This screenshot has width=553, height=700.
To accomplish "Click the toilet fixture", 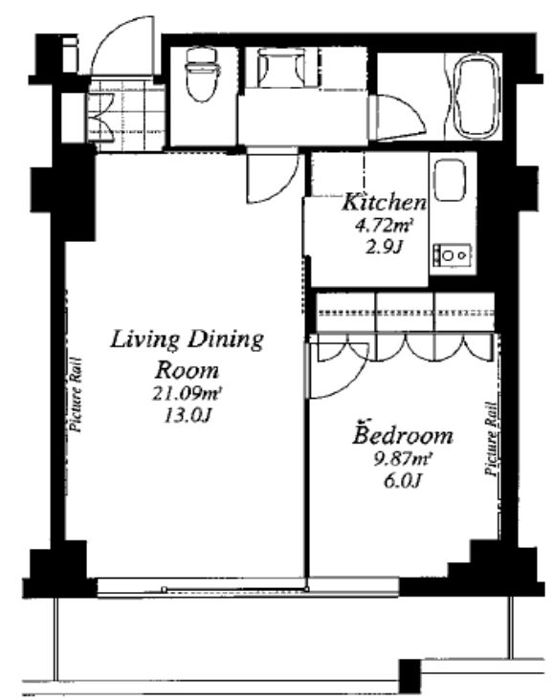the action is pyautogui.click(x=203, y=75).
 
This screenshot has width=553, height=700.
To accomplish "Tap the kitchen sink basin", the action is pyautogui.click(x=451, y=180).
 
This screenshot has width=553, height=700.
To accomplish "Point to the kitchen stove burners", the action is pyautogui.click(x=453, y=255).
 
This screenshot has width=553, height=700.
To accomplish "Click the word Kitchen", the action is pyautogui.click(x=385, y=202).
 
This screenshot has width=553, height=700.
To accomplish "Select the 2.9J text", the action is pyautogui.click(x=385, y=247).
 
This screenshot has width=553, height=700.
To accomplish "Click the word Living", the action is pyautogui.click(x=145, y=340).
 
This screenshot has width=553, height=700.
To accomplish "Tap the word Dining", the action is pyautogui.click(x=225, y=340).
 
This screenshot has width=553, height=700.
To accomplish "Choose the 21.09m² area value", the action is pyautogui.click(x=188, y=394).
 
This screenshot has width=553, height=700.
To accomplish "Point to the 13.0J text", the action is pyautogui.click(x=188, y=416).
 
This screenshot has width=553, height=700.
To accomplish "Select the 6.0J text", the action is pyautogui.click(x=403, y=481).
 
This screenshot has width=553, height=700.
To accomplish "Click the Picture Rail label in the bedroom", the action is pyautogui.click(x=492, y=439).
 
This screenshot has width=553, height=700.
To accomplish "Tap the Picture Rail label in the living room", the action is pyautogui.click(x=76, y=395).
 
